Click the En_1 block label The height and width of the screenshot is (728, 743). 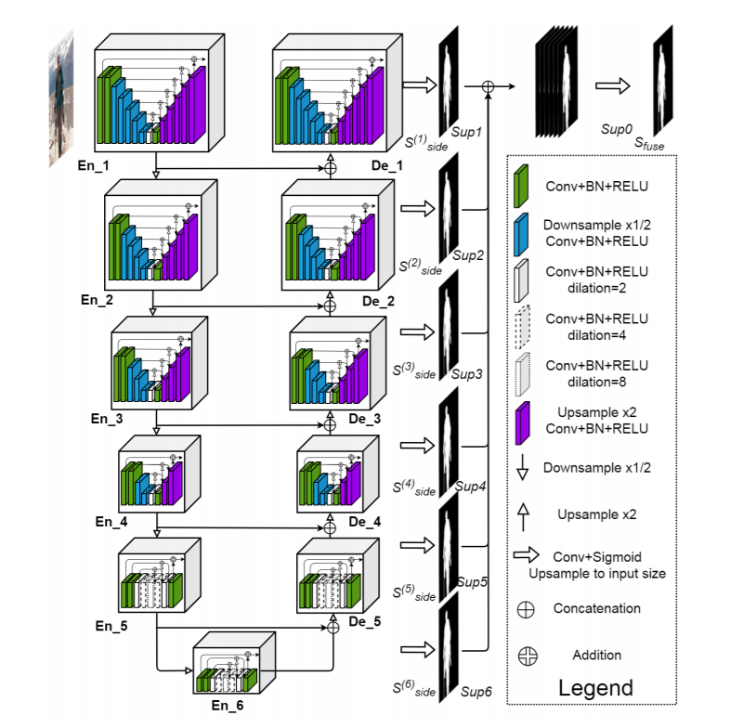[94, 166]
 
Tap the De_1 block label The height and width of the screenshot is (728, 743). [387, 166]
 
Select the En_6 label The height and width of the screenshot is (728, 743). [228, 706]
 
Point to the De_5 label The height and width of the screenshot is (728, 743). [365, 621]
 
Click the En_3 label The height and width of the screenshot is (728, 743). [107, 419]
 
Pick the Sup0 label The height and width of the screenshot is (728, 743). [617, 129]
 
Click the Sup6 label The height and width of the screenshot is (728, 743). [476, 692]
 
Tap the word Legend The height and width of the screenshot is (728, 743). [595, 688]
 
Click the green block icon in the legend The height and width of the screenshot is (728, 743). [521, 186]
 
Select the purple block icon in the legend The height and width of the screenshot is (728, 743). [522, 423]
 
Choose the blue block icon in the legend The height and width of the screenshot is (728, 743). [521, 234]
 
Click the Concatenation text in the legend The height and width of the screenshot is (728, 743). [597, 608]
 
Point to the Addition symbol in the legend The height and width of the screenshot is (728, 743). [528, 656]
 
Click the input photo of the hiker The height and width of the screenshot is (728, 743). [61, 98]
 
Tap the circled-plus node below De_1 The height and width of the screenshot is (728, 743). [331, 168]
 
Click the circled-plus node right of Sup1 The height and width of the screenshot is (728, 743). [489, 86]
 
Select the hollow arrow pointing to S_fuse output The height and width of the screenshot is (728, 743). [613, 85]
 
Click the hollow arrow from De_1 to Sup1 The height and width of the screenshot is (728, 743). [420, 84]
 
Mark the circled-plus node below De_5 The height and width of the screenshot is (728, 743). [333, 628]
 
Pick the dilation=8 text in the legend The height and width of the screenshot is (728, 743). [597, 382]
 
